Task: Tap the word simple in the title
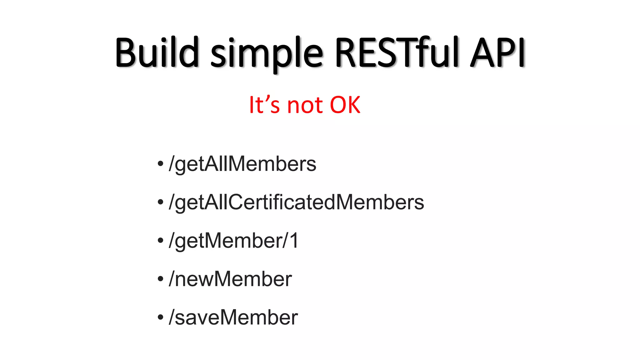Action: (x=267, y=53)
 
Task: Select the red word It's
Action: (x=264, y=105)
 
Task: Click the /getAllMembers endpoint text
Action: (x=242, y=164)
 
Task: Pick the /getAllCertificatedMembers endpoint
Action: (x=296, y=202)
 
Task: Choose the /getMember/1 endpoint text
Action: (x=233, y=241)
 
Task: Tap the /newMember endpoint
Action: (x=230, y=279)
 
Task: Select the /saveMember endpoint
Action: (x=233, y=317)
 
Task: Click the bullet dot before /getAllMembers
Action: (x=161, y=163)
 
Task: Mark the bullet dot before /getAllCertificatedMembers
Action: (x=161, y=202)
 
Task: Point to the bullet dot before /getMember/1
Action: (x=161, y=240)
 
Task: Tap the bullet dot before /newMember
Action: (x=161, y=279)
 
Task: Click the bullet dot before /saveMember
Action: (x=161, y=317)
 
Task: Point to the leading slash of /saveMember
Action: (x=172, y=317)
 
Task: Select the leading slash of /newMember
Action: (x=172, y=279)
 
